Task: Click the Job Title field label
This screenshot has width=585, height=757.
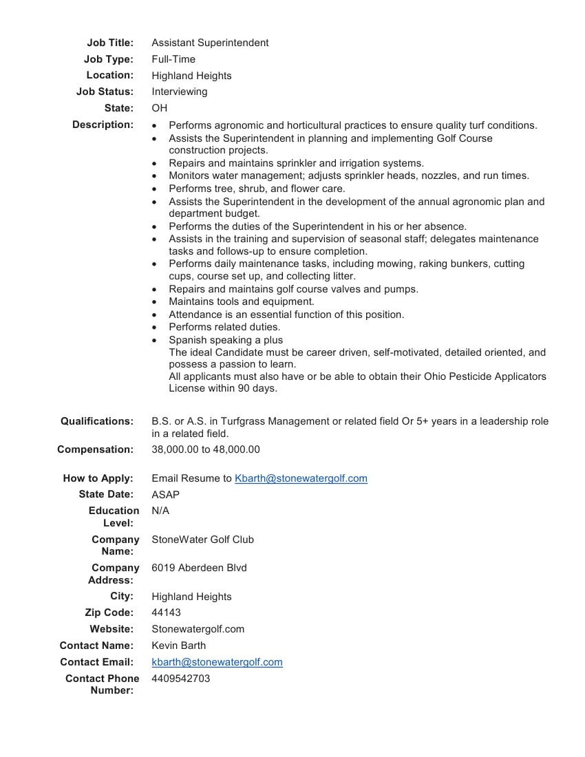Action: (x=110, y=43)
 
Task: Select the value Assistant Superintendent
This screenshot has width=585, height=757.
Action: (x=210, y=43)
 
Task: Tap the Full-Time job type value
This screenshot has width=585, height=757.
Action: (x=173, y=59)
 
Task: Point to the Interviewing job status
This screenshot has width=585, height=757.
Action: (x=179, y=92)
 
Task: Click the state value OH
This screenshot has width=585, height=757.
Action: (x=159, y=108)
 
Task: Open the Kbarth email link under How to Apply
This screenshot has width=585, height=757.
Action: (x=301, y=478)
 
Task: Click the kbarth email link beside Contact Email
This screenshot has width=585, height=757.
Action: (x=217, y=662)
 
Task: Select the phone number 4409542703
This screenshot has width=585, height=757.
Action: (x=181, y=679)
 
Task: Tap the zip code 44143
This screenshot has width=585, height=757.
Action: (x=166, y=612)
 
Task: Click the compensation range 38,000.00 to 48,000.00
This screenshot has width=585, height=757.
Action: (x=206, y=449)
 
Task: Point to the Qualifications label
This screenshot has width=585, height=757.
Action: (x=97, y=421)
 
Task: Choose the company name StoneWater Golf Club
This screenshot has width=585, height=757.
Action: (x=202, y=540)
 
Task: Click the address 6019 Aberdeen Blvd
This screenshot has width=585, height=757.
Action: (x=199, y=568)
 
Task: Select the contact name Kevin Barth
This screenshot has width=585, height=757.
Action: (x=178, y=646)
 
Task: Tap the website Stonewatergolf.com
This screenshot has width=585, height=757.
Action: (x=198, y=629)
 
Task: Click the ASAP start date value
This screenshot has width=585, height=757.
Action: (x=165, y=494)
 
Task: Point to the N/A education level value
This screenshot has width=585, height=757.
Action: (x=160, y=511)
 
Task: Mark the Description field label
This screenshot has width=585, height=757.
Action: (x=103, y=125)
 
